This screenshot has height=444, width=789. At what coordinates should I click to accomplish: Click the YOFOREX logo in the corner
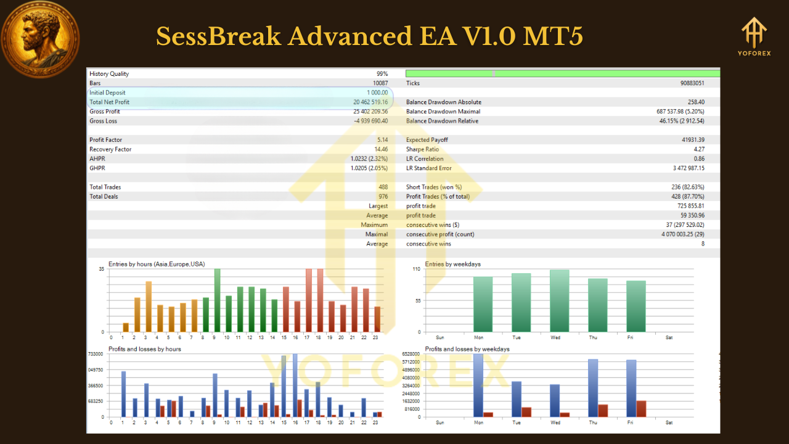(754, 36)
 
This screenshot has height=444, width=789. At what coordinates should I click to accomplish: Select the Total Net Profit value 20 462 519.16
(370, 102)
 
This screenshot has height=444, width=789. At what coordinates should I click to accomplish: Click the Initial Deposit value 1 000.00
(377, 92)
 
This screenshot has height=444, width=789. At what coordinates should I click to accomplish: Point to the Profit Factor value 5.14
(382, 140)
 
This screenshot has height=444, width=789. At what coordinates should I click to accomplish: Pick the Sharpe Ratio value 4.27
(698, 149)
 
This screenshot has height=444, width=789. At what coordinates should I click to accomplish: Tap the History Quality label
(109, 74)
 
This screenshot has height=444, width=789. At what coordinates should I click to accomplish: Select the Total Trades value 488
(382, 187)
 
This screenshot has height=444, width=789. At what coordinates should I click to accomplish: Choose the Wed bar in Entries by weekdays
(559, 301)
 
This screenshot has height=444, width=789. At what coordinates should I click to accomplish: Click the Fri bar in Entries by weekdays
(636, 306)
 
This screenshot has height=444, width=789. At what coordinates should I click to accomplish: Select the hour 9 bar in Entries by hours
(217, 300)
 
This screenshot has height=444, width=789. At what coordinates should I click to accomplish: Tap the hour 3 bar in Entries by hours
(149, 306)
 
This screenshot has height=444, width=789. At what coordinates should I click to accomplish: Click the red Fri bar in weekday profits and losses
(642, 409)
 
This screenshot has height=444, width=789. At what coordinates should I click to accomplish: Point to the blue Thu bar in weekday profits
(593, 388)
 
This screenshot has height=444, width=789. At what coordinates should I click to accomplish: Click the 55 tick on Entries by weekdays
(417, 300)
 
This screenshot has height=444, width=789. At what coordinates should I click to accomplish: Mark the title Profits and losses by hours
(145, 349)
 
